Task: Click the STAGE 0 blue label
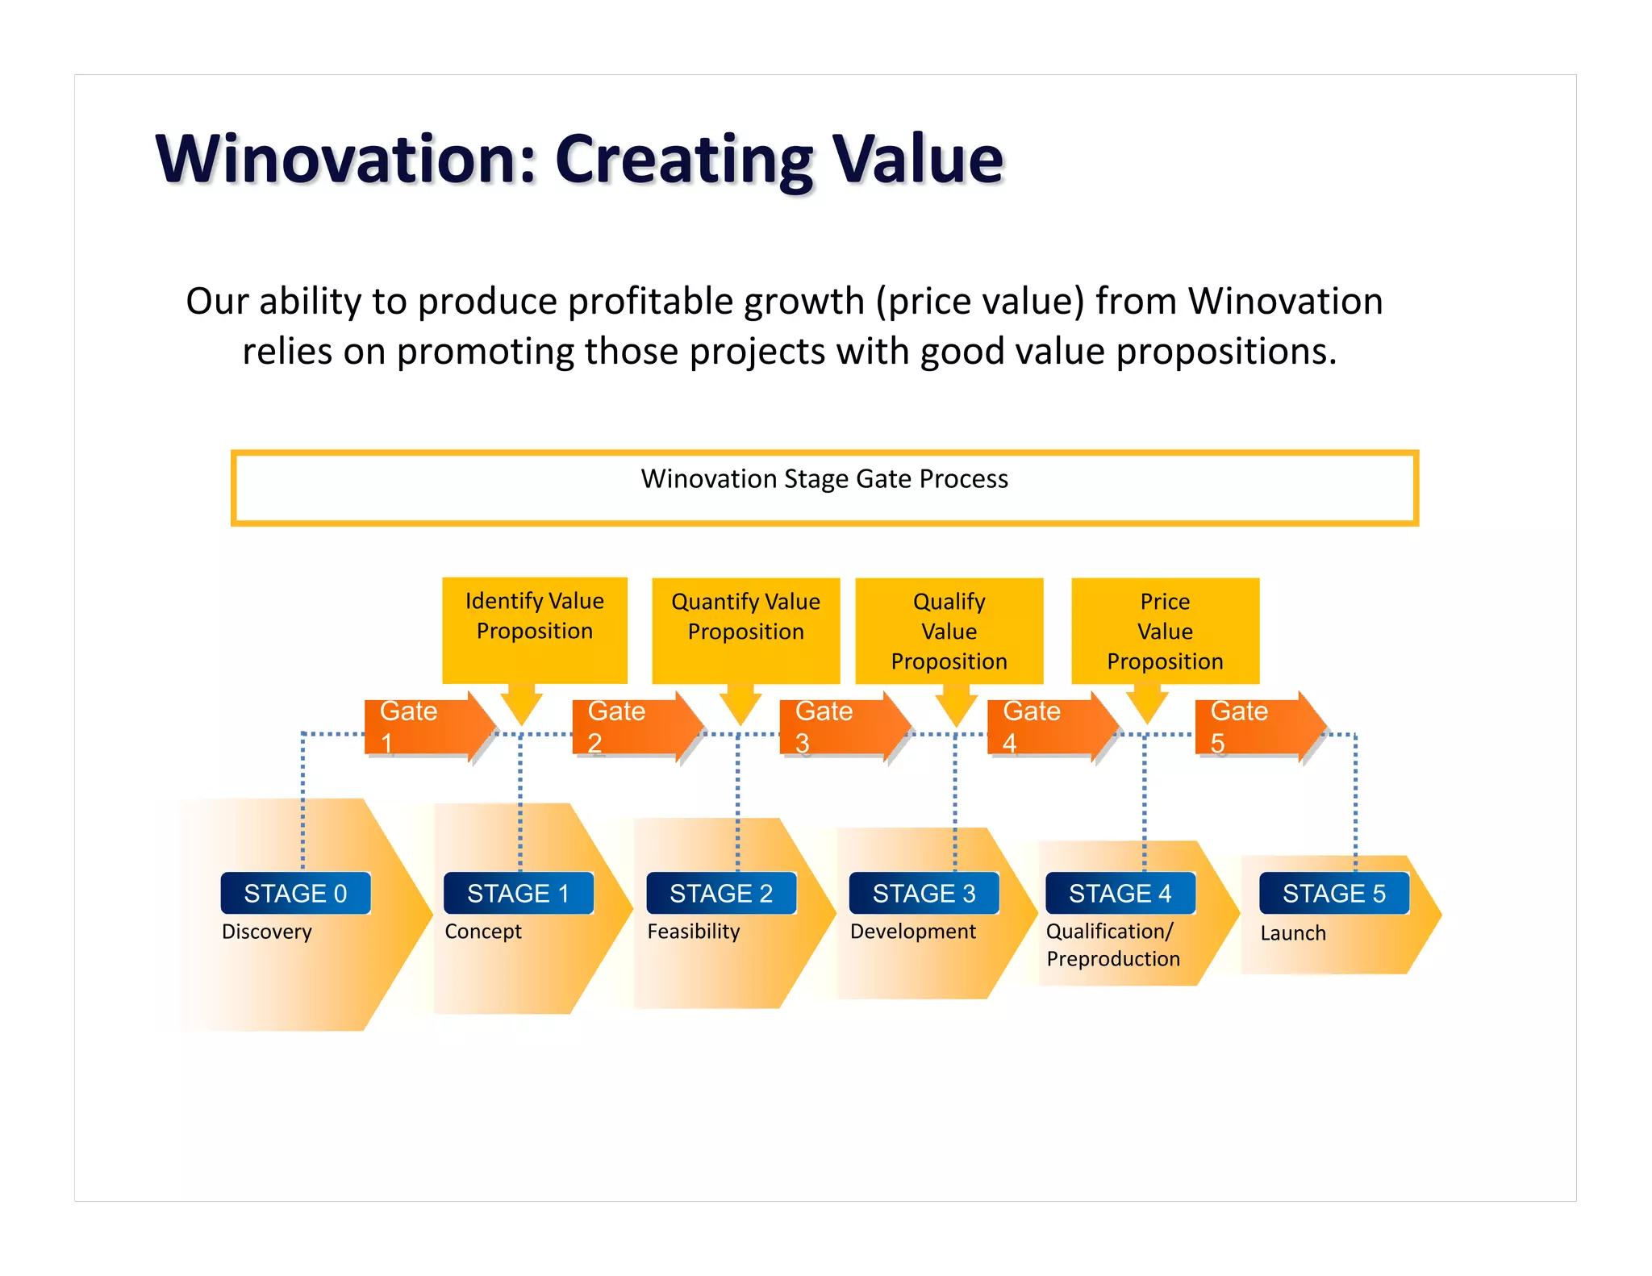[x=295, y=893]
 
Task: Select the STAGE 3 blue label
[x=924, y=893]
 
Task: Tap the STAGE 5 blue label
[x=1333, y=893]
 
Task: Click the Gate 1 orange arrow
[x=428, y=726]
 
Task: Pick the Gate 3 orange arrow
[x=843, y=726]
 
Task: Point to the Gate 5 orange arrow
[x=1258, y=726]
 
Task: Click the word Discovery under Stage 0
[x=266, y=932]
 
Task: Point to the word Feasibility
[x=693, y=932]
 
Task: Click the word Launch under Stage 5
[x=1292, y=933]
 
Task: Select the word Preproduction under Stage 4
[x=1112, y=959]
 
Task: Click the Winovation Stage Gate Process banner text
[x=824, y=479]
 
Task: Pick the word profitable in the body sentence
[x=653, y=301]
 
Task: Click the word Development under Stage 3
[x=912, y=932]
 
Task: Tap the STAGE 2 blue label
[x=720, y=893]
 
